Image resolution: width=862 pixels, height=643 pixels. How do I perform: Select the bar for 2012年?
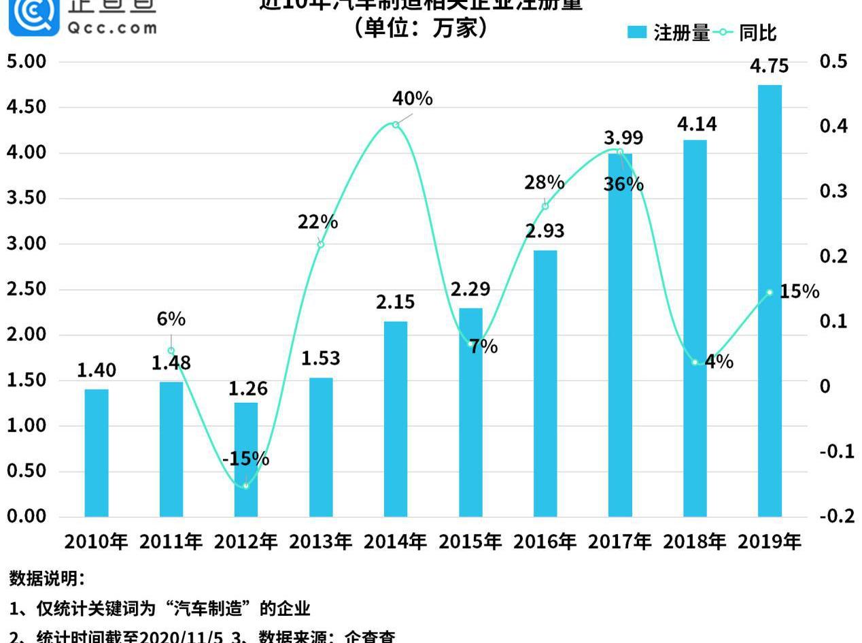[246, 459]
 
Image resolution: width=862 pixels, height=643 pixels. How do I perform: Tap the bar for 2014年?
[396, 418]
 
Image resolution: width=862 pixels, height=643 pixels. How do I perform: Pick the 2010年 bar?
[97, 452]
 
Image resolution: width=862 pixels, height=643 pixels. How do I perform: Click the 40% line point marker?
[396, 125]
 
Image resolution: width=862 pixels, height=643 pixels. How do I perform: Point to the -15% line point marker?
[246, 486]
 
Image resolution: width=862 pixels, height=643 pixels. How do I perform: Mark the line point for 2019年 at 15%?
[770, 293]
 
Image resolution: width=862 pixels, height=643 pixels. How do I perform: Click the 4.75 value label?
[770, 66]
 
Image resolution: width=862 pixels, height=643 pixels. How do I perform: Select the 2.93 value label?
[545, 231]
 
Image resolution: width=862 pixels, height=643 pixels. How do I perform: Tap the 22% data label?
[317, 222]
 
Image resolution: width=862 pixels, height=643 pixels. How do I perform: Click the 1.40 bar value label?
[97, 370]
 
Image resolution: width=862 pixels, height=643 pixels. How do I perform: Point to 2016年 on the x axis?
[545, 542]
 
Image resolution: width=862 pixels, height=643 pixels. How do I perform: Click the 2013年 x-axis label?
[320, 542]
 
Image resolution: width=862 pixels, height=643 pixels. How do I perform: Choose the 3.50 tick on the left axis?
[27, 198]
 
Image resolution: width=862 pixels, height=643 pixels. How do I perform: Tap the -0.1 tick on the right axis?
[837, 451]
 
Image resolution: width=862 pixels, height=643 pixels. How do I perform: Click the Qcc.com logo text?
[112, 28]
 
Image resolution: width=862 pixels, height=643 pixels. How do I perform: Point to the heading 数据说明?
[47, 578]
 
